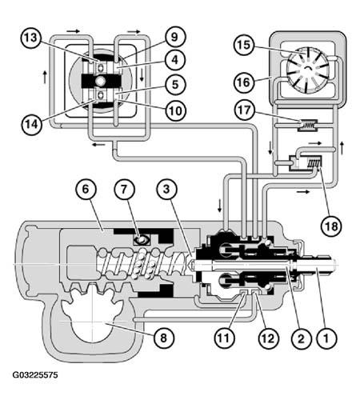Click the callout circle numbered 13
click(x=31, y=38)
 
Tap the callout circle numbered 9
click(x=174, y=37)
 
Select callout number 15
click(x=244, y=45)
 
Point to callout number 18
click(x=331, y=227)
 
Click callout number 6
click(x=86, y=190)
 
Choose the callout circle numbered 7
click(x=124, y=190)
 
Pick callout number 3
click(x=166, y=190)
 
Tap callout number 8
click(x=163, y=338)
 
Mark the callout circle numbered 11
click(x=225, y=338)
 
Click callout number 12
click(x=268, y=338)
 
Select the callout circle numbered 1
click(x=326, y=338)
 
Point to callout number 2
click(x=302, y=338)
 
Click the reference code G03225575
click(x=35, y=375)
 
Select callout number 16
click(x=244, y=82)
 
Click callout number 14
click(x=32, y=124)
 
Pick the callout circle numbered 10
click(x=175, y=110)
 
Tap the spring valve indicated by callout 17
click(x=307, y=125)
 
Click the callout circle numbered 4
click(x=175, y=60)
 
